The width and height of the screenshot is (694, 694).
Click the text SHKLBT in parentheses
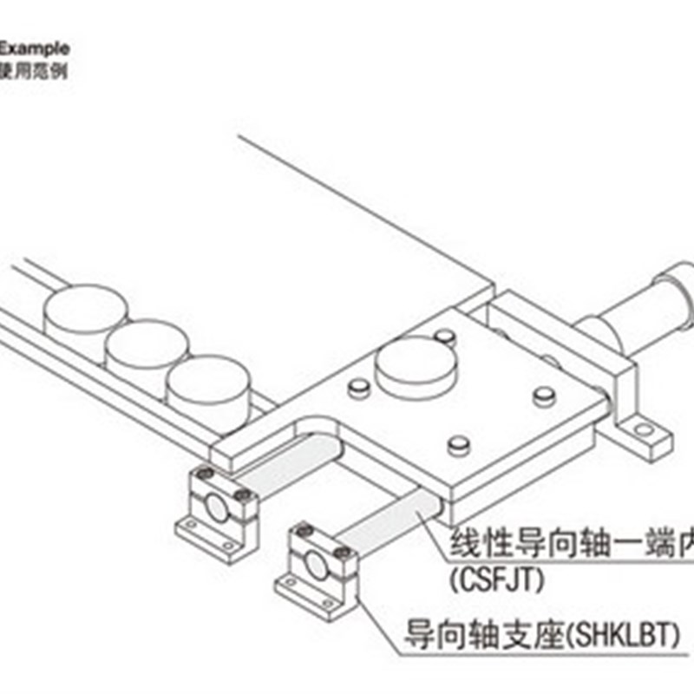[619, 638]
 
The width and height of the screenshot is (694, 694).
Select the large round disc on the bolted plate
[417, 363]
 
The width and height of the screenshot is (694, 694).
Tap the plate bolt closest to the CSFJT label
[458, 446]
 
